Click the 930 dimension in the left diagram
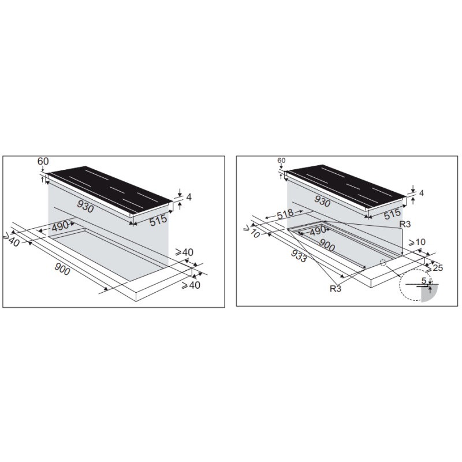tap(85, 206)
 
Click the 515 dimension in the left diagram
tap(158, 220)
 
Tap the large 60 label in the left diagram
tap(43, 161)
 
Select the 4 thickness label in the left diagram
tap(189, 197)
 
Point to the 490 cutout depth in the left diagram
tap(60, 226)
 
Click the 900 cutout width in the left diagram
tap(62, 269)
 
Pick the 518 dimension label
tap(285, 213)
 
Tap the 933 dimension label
tap(299, 256)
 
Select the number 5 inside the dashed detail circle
tap(424, 281)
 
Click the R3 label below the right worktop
tap(336, 288)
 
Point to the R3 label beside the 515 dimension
tap(405, 224)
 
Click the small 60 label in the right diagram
tap(281, 161)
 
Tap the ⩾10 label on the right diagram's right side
tap(417, 242)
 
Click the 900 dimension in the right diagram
tap(327, 245)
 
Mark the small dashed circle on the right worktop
tap(383, 262)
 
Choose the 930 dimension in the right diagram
tap(322, 202)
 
